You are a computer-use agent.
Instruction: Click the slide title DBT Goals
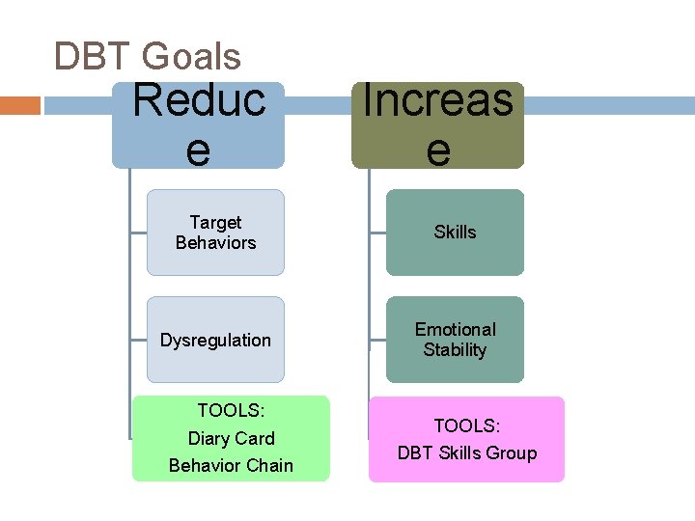147,57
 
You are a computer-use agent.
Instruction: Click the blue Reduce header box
198,125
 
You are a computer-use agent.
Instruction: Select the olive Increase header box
437,125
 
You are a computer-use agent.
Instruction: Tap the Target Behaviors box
215,233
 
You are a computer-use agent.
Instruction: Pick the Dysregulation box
215,340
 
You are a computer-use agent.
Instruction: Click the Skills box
455,233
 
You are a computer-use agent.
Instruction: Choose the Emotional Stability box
455,340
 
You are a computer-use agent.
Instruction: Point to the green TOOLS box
231,438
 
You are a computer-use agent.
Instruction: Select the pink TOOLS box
466,439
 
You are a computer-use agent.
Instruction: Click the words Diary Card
231,438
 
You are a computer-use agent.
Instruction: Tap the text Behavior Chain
231,465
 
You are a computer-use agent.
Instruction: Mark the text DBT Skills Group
466,452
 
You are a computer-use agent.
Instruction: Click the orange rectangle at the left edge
19,104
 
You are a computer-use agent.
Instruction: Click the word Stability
455,350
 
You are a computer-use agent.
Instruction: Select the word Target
215,223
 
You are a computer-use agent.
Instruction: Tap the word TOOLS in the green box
231,411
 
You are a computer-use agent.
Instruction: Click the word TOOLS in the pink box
466,425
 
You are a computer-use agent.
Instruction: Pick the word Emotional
455,330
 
